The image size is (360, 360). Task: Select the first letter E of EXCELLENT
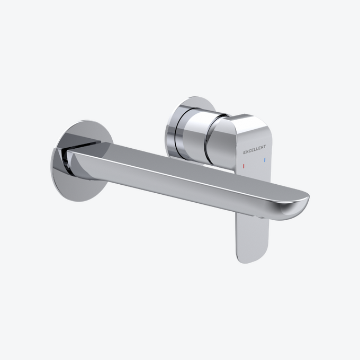click(x=245, y=153)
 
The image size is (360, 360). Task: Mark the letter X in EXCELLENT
click(x=247, y=152)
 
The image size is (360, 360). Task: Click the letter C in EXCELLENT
click(x=250, y=152)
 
